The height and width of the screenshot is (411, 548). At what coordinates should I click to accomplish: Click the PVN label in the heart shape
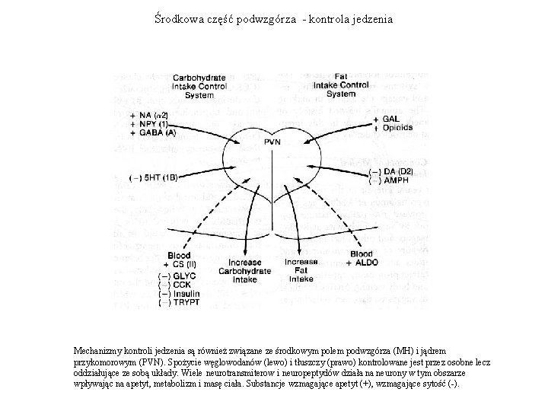tap(272, 142)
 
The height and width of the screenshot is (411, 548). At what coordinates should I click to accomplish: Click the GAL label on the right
tap(390, 119)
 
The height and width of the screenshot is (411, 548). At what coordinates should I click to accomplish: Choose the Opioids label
tap(397, 128)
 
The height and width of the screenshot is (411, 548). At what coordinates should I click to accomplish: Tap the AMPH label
tap(395, 180)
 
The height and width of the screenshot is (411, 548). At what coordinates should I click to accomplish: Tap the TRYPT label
tap(186, 302)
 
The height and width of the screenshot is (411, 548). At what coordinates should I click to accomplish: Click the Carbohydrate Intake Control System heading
tap(198, 86)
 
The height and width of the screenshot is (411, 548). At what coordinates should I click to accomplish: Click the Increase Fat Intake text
tap(301, 270)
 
